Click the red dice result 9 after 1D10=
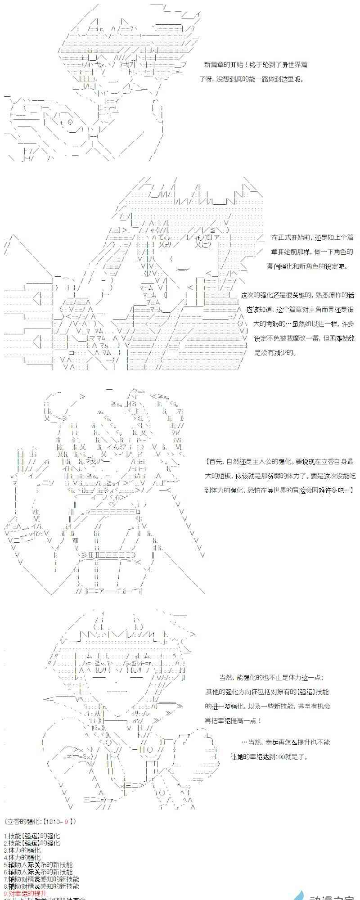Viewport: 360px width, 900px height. click(x=66, y=821)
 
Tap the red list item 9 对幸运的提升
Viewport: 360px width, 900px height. click(x=27, y=893)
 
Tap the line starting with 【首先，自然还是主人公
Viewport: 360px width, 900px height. click(x=279, y=461)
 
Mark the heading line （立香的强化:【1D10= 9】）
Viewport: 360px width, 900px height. click(x=41, y=821)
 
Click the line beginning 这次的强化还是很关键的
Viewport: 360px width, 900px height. click(x=297, y=295)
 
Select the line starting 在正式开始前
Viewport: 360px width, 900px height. click(x=312, y=238)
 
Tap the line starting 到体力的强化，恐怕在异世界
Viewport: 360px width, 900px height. click(x=279, y=490)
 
